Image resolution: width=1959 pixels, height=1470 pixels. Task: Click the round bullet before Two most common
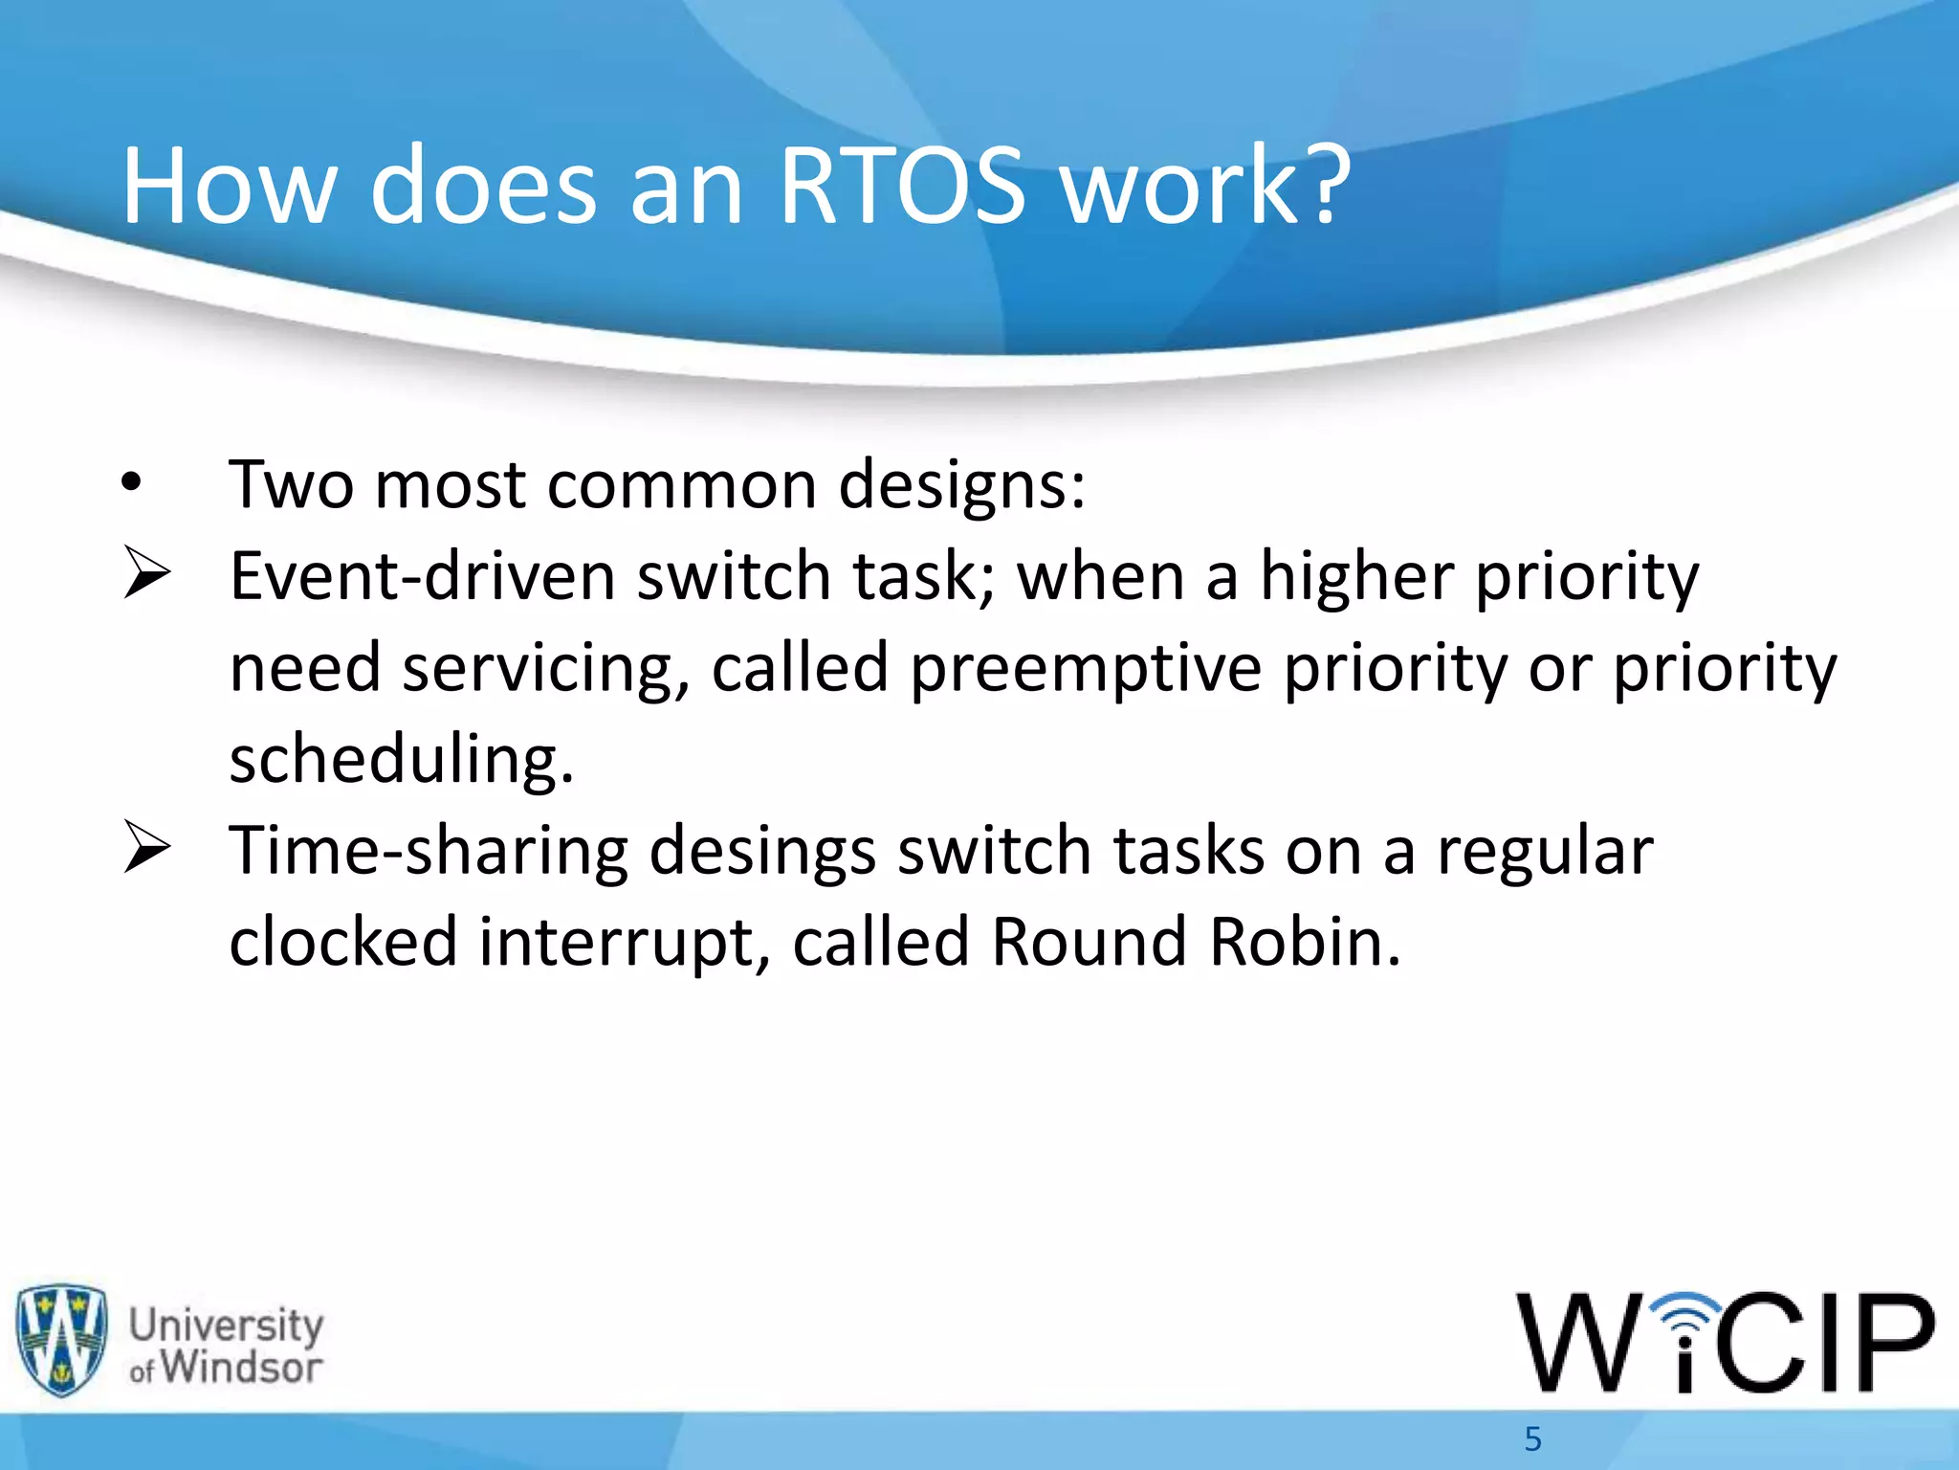tap(132, 484)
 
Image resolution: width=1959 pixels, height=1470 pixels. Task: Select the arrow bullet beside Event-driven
tap(146, 574)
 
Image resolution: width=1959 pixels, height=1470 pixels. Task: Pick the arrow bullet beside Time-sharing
tap(146, 848)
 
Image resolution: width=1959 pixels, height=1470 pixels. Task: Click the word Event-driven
tap(422, 576)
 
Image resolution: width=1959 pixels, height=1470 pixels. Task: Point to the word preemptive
tap(1085, 668)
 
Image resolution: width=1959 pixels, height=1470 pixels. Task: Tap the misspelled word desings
tap(761, 851)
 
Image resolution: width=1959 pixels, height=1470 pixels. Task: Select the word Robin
tap(1304, 942)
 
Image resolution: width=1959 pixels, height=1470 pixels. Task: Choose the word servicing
tap(545, 668)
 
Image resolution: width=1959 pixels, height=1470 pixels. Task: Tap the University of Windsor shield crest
tap(61, 1340)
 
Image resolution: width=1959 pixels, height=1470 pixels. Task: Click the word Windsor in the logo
tap(240, 1367)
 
